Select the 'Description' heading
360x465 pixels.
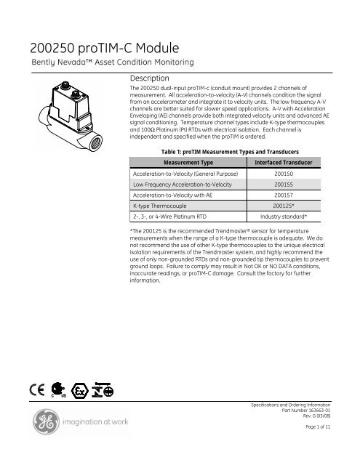click(x=149, y=78)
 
